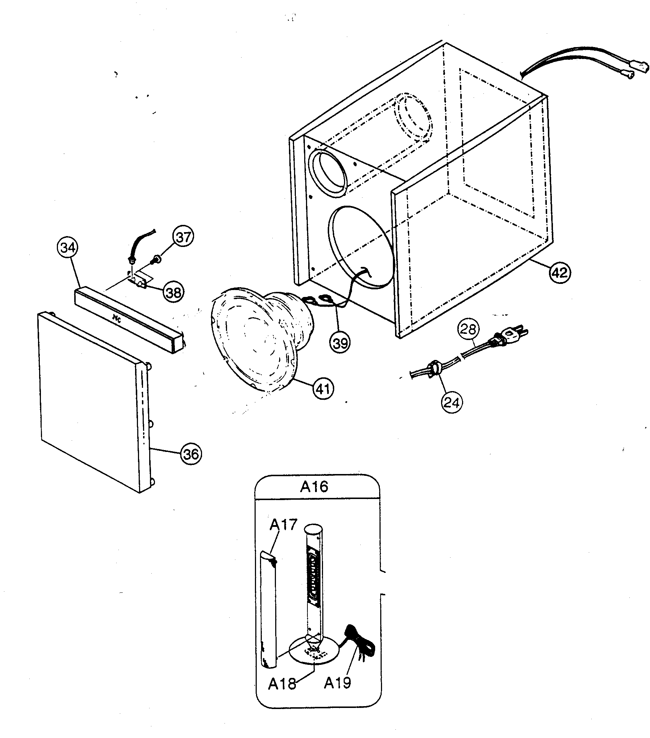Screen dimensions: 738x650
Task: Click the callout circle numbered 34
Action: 68,248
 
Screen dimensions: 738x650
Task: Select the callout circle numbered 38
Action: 173,292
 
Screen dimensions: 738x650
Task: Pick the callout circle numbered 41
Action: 323,389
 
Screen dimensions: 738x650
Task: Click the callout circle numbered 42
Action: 559,272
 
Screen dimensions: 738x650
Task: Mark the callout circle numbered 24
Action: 452,402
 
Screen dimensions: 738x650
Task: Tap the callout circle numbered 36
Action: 191,453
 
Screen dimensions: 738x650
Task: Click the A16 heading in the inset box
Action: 314,487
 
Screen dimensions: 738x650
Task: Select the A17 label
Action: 283,524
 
